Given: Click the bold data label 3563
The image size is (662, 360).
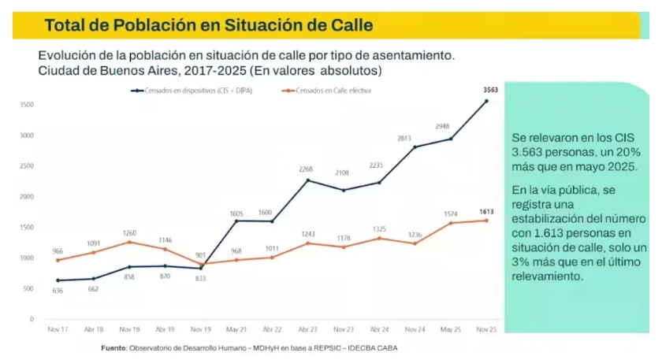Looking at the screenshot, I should [489, 91].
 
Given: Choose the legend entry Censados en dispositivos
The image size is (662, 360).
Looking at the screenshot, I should [197, 91].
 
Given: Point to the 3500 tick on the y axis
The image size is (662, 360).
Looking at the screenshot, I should [26, 104].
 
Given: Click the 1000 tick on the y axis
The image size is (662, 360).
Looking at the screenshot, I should [26, 258].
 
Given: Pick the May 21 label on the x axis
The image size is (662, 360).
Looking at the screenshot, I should [235, 328].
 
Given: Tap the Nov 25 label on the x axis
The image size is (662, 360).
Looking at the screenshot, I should [487, 328].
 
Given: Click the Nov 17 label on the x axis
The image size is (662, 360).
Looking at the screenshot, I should [57, 328].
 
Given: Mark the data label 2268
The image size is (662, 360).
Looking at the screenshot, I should [307, 169].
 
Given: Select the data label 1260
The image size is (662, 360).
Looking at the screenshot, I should [129, 232].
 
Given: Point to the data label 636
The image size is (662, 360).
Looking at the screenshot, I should [58, 290].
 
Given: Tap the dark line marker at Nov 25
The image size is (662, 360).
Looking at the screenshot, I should [487, 101].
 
